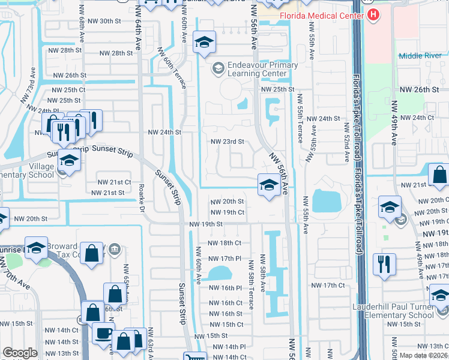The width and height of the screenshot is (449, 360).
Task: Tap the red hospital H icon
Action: tap(373, 14)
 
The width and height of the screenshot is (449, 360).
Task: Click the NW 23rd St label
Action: tap(227, 142)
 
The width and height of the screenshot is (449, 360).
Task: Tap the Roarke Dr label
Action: tap(143, 197)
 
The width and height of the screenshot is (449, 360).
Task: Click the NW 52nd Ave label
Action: tap(346, 142)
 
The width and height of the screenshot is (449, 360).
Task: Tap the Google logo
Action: tap(20, 353)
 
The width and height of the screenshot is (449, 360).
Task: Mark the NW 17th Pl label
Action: tap(226, 259)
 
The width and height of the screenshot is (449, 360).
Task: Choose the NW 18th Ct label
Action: tap(224, 243)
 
